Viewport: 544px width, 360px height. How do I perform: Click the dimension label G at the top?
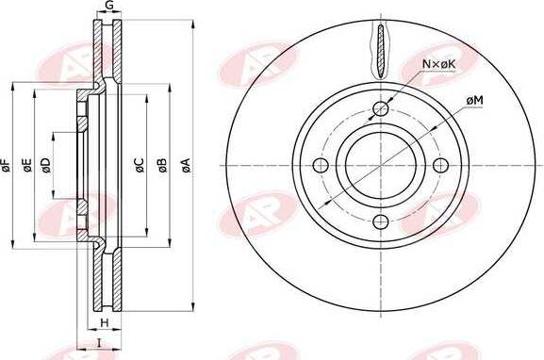[x=109, y=6]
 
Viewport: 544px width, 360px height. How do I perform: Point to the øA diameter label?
[x=186, y=165]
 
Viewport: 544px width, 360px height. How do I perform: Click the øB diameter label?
[x=162, y=165]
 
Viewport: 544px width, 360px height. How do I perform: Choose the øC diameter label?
[x=140, y=165]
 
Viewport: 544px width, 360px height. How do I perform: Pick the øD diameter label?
[x=46, y=165]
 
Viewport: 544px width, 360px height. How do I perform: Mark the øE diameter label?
[x=27, y=165]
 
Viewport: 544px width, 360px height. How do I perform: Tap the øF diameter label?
[x=7, y=165]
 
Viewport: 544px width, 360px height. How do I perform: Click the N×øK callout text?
[x=438, y=64]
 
